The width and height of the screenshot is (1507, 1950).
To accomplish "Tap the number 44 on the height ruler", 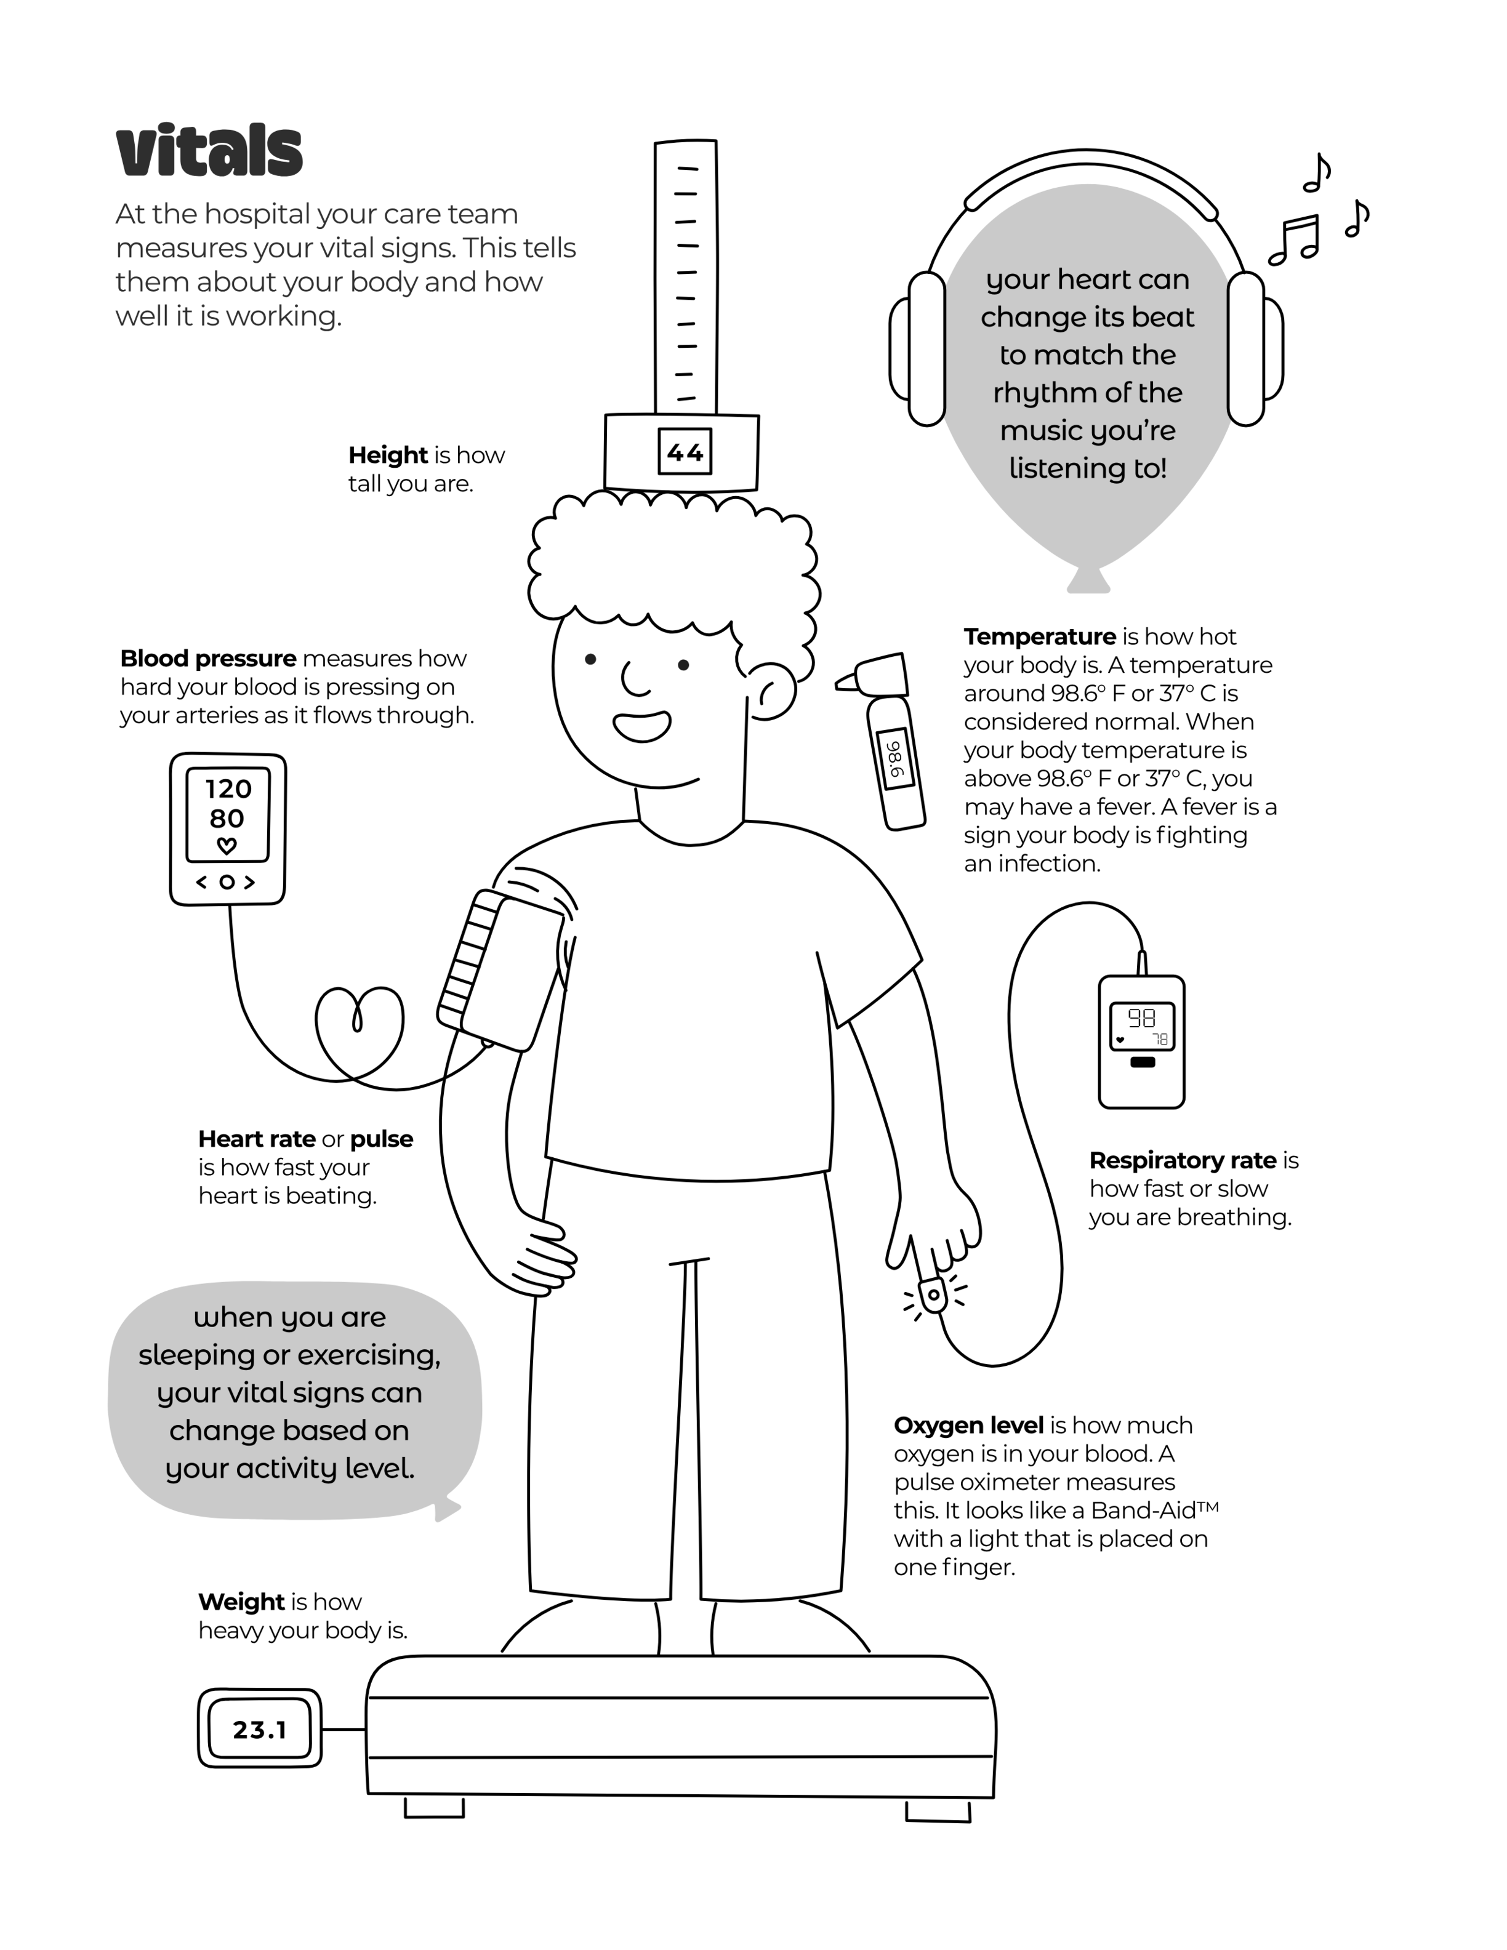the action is point(685,452).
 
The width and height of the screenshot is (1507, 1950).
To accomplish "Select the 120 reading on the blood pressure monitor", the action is point(228,789).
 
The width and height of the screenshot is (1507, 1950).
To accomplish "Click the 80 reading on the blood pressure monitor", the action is point(227,819).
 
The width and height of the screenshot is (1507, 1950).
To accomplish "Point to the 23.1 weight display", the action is point(260,1730).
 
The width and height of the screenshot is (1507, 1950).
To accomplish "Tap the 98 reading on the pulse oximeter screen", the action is point(1141,1018).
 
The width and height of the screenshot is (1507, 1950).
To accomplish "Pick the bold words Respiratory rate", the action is point(1183,1161).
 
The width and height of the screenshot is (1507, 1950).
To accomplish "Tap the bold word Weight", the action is point(241,1602).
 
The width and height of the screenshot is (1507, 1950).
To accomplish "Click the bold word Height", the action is point(387,455).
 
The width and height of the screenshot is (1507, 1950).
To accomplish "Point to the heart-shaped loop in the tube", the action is point(359,1031).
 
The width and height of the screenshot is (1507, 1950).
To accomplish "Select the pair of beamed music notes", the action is point(1293,240).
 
